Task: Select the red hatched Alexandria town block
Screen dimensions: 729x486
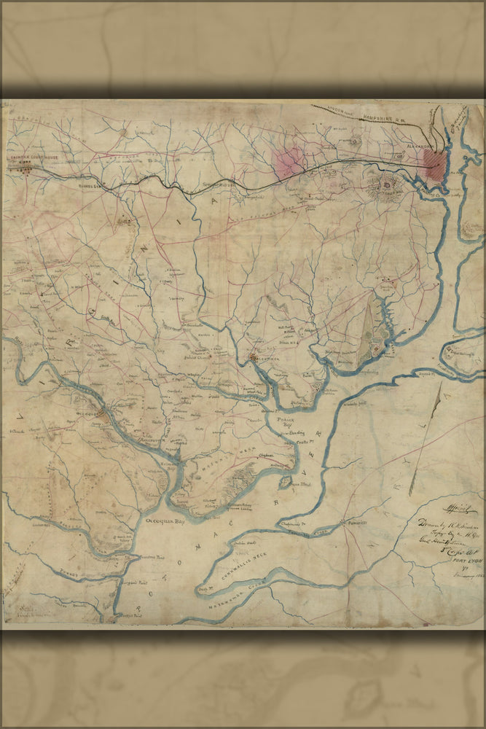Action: (435, 164)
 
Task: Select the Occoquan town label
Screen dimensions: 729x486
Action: (88, 413)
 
